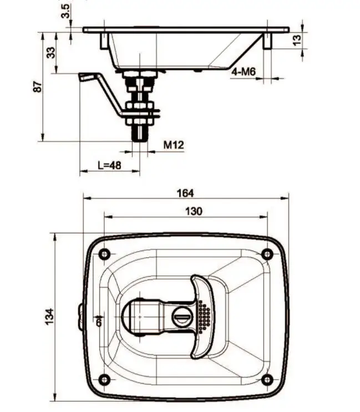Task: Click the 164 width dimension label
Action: pyautogui.click(x=185, y=193)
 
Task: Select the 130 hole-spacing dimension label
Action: pyautogui.click(x=194, y=211)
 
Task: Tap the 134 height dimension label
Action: pyautogui.click(x=49, y=316)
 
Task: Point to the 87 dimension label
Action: pyautogui.click(x=38, y=87)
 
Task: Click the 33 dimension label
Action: pyautogui.click(x=50, y=53)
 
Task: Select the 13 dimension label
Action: pyautogui.click(x=297, y=40)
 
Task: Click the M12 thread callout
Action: pyautogui.click(x=173, y=145)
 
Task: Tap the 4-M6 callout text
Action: pyautogui.click(x=244, y=72)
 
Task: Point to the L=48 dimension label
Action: pyautogui.click(x=109, y=165)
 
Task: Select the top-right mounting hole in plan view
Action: pyautogui.click(x=267, y=254)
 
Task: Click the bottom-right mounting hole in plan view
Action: pyautogui.click(x=267, y=379)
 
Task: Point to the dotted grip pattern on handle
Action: pyautogui.click(x=204, y=317)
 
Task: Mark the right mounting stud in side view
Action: pyautogui.click(x=267, y=41)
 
